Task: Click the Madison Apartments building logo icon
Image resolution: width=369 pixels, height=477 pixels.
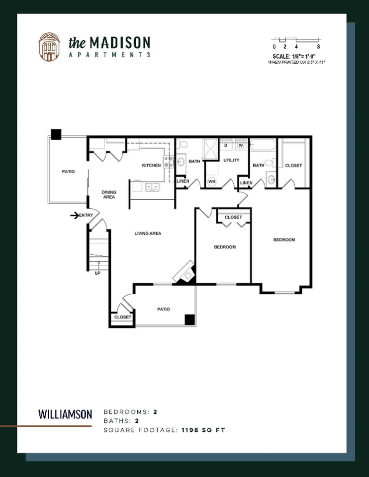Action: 49,47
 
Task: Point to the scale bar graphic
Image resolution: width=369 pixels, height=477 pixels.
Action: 295,40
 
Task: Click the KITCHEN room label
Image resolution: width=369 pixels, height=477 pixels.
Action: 151,165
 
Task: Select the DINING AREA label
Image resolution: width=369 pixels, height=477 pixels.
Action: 109,194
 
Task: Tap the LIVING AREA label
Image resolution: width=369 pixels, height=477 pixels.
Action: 148,233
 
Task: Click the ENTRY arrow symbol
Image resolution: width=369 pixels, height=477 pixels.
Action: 75,215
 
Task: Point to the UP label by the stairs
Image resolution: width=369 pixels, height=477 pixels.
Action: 97,272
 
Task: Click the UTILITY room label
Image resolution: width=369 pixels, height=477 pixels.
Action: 231,160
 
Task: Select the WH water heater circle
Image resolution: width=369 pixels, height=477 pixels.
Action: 211,182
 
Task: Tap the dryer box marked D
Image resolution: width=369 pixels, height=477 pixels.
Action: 226,146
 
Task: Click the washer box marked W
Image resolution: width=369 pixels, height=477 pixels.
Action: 240,146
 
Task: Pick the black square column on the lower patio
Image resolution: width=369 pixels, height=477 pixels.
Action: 189,319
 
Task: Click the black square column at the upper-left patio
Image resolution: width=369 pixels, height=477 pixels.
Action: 56,134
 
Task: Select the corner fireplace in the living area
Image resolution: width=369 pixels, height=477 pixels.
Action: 186,274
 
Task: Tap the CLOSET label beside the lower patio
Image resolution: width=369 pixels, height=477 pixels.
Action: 122,317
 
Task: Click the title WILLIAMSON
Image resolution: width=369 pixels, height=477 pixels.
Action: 65,413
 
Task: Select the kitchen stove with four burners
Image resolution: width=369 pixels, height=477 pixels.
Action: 168,162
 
